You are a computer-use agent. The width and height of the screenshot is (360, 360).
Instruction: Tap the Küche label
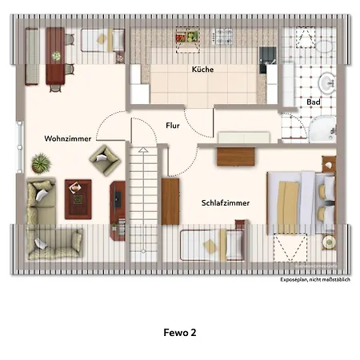(x=202, y=70)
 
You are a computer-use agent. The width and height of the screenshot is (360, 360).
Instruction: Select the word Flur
(x=172, y=126)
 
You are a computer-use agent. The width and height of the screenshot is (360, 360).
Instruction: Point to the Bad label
(x=314, y=102)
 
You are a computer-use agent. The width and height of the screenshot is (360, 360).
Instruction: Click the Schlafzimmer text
(x=225, y=203)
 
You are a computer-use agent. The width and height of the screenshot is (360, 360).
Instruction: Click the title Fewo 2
(x=179, y=330)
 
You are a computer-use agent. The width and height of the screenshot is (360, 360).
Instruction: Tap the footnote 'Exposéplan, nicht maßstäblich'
(x=310, y=281)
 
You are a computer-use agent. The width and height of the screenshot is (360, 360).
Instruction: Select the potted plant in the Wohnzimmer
(x=41, y=164)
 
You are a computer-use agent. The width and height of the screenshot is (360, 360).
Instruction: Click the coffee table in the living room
(x=78, y=197)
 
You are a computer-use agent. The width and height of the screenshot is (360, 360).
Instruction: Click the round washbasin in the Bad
(x=326, y=82)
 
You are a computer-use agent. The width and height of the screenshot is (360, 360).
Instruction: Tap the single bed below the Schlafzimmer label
(x=211, y=243)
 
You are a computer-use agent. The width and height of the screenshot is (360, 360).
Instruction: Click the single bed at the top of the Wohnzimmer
(x=102, y=39)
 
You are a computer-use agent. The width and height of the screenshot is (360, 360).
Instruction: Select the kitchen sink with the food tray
(x=187, y=36)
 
